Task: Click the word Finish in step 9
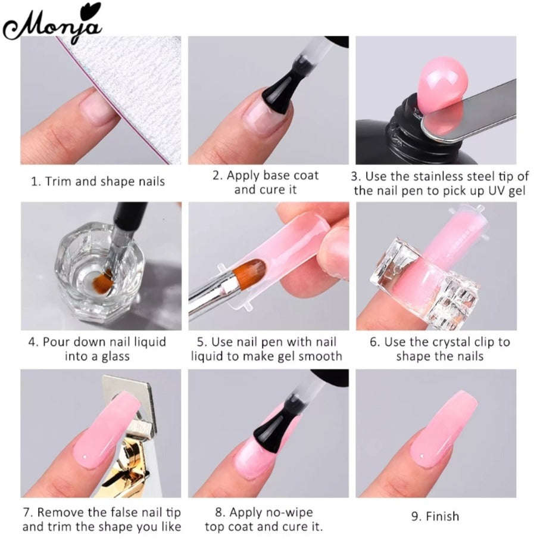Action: [x=442, y=517]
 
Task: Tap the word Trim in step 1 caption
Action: [x=59, y=182]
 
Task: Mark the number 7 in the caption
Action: [x=27, y=512]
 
